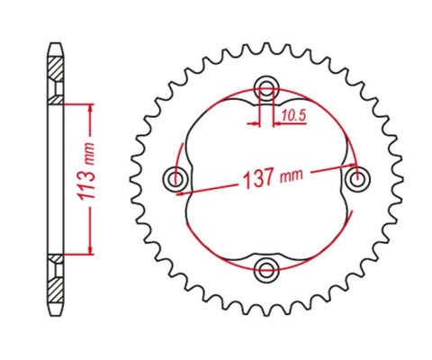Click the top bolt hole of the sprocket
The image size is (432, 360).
(x=266, y=88)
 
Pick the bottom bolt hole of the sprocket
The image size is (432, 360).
(x=266, y=268)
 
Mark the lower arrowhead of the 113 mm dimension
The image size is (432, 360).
(x=90, y=253)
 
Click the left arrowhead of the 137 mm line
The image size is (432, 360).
(x=180, y=191)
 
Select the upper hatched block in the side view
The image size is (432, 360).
(x=56, y=68)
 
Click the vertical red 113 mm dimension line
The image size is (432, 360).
(x=90, y=180)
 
